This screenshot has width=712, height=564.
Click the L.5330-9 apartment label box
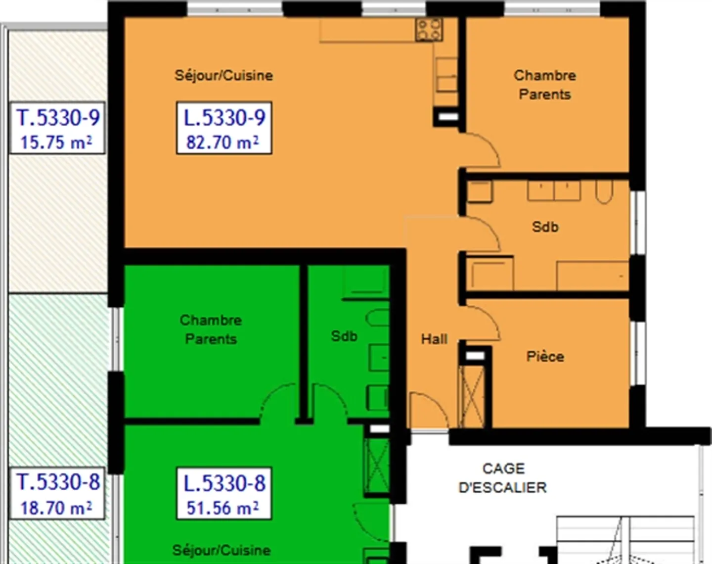coord(224,128)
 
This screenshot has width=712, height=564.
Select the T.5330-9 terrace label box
coord(57,128)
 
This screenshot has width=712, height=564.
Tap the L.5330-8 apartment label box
coord(224,493)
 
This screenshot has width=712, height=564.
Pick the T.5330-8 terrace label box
coord(57,493)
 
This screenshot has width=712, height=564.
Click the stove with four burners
coord(429,30)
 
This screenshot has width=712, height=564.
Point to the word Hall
coord(434,339)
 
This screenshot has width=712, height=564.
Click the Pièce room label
coord(545,356)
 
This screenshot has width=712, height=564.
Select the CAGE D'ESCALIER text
coord(503,478)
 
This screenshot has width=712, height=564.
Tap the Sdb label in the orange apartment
coord(545,227)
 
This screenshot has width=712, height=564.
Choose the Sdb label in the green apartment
coord(344,336)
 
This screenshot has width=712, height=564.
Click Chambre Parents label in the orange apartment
coord(545,85)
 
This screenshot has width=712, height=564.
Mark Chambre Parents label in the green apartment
coord(211,329)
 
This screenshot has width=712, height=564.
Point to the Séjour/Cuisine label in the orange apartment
coord(223,76)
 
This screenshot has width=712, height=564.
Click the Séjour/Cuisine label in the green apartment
coord(222,551)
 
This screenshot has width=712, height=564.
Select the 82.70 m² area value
coord(222,142)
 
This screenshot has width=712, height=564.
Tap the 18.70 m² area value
coord(56,508)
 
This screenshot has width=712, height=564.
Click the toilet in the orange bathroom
coord(604,192)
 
